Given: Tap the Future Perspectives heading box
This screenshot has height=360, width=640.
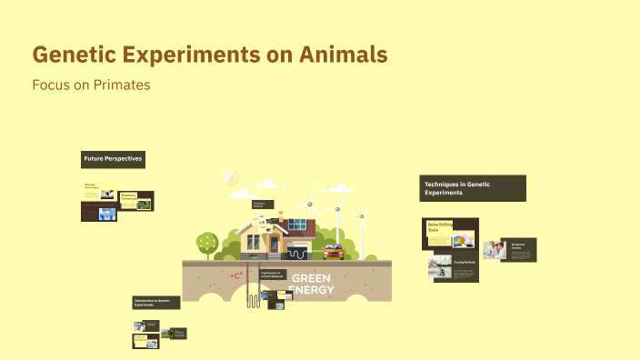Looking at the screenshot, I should click(x=113, y=159).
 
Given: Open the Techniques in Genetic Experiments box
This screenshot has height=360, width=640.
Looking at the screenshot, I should click(x=472, y=188).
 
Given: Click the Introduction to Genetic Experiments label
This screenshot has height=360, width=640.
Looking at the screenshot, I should click(x=156, y=302).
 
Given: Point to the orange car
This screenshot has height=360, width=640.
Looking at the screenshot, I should click(x=334, y=252).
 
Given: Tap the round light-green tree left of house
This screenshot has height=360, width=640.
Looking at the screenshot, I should click(x=207, y=243).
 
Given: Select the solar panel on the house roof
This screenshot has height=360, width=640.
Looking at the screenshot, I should click(x=297, y=225).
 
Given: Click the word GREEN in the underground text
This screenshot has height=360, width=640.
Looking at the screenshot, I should click(x=312, y=278).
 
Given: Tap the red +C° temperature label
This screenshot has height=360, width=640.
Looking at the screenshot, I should click(x=237, y=275).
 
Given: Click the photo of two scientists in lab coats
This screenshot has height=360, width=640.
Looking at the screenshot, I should click(x=495, y=249).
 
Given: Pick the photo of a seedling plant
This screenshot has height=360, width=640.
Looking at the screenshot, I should click(x=440, y=265).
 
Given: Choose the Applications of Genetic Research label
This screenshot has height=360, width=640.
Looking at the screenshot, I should click(x=273, y=274).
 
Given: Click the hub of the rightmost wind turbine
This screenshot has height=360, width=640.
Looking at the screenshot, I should click(x=361, y=216).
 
